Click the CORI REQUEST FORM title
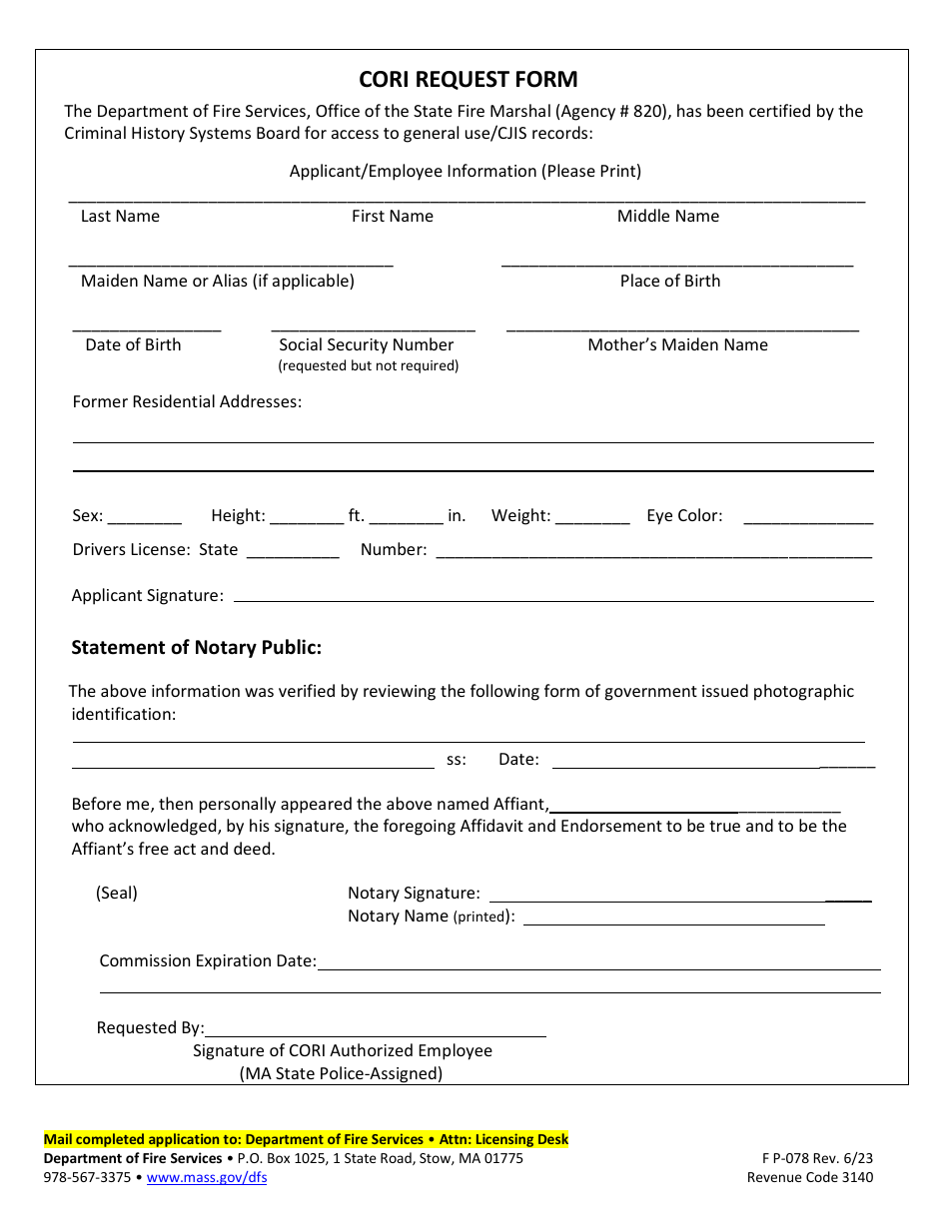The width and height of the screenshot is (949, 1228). click(469, 80)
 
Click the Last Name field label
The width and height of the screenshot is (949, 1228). click(120, 217)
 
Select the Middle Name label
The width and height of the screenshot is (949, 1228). click(667, 217)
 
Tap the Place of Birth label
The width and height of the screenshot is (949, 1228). click(669, 282)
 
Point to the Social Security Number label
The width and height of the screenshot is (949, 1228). click(366, 345)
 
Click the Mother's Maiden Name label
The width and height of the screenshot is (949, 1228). click(677, 345)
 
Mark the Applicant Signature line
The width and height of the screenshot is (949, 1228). click(552, 599)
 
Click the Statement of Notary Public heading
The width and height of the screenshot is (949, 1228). click(196, 648)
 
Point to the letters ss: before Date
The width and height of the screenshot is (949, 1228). click(457, 760)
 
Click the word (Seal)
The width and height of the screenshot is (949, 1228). click(117, 894)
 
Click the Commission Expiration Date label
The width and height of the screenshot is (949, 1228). click(208, 961)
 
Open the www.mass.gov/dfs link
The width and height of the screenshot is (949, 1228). click(207, 1178)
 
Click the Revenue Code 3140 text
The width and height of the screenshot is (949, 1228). click(809, 1178)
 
